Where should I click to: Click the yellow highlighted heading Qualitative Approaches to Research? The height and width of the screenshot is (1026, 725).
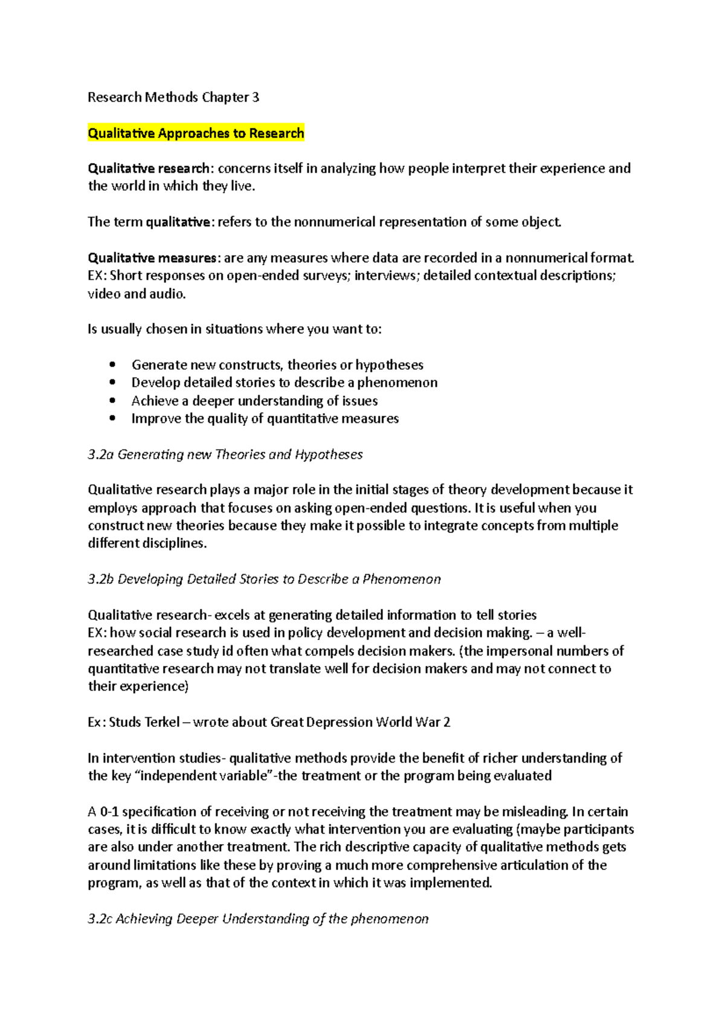pyautogui.click(x=196, y=133)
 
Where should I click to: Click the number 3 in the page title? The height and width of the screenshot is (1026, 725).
pyautogui.click(x=256, y=97)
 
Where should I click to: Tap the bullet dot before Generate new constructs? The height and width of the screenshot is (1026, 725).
pyautogui.click(x=112, y=364)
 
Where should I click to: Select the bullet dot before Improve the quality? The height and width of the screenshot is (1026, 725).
pyautogui.click(x=112, y=418)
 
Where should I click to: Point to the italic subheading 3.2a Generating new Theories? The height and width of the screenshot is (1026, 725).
pyautogui.click(x=225, y=454)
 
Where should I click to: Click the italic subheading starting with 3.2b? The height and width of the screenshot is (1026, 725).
pyautogui.click(x=264, y=579)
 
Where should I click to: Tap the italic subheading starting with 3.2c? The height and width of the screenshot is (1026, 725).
pyautogui.click(x=258, y=918)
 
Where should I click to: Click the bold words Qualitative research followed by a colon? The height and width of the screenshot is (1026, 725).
pyautogui.click(x=149, y=169)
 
